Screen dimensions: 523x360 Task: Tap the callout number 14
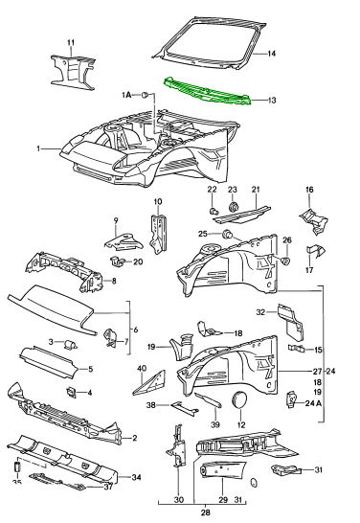[271, 54]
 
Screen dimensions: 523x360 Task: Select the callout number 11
[70, 42]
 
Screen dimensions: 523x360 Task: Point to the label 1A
[125, 96]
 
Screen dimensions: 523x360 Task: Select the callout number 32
[259, 312]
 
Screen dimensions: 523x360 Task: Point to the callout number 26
[286, 239]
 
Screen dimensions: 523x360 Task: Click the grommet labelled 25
[228, 234]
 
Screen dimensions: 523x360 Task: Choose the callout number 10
[159, 201]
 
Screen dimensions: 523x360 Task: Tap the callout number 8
[113, 281]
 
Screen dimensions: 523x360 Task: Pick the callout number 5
[117, 369]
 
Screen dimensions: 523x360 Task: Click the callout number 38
[150, 405]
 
